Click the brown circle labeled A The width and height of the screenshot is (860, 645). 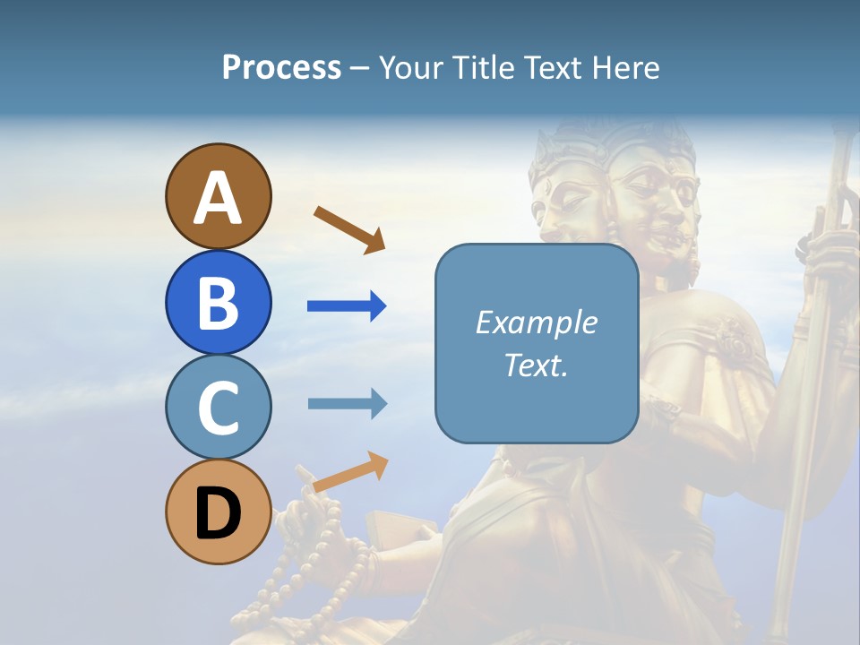(x=218, y=196)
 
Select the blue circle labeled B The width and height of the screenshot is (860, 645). (x=218, y=302)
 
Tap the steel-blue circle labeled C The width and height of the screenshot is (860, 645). (x=218, y=408)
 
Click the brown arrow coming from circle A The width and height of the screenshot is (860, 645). (x=349, y=229)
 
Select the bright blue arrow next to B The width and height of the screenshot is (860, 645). (x=347, y=306)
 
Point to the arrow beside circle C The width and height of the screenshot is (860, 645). (x=347, y=403)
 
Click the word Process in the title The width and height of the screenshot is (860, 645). (x=281, y=67)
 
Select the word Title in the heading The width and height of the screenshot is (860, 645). (x=481, y=67)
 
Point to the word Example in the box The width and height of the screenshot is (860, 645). (x=536, y=322)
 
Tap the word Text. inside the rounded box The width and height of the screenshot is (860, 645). (x=536, y=365)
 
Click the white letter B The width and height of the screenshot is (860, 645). (x=218, y=303)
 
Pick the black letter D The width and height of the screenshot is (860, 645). (x=218, y=515)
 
